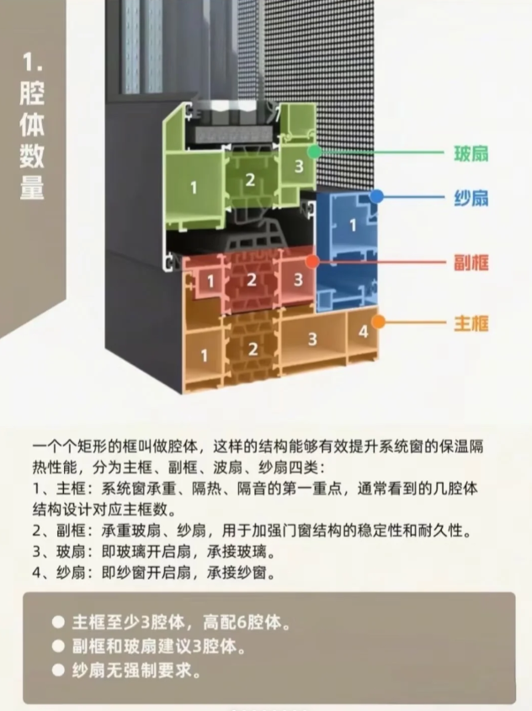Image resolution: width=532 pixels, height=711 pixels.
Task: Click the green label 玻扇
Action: (471, 153)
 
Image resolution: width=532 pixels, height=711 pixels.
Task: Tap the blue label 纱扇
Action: (471, 198)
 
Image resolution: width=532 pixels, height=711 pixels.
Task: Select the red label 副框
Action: (471, 263)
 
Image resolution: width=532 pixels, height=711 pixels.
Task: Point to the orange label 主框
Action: (471, 323)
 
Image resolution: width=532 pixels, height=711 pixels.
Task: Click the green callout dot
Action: (314, 152)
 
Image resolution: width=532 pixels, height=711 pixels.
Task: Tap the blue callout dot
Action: (376, 196)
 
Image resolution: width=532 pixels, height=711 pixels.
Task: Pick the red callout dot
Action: (312, 261)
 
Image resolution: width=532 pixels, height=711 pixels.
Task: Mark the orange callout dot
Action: (378, 322)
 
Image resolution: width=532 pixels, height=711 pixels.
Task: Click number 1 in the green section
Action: (194, 187)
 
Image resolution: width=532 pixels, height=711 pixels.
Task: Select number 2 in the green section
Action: (250, 179)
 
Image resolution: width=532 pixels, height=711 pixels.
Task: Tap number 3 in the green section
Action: (299, 166)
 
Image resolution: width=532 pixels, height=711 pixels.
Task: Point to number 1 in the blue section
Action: (353, 225)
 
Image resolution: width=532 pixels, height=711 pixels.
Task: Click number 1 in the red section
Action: (210, 281)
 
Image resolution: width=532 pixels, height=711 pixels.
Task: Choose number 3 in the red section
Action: (298, 280)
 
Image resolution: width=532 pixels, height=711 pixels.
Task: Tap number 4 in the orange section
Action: (364, 331)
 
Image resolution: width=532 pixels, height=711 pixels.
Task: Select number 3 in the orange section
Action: (312, 339)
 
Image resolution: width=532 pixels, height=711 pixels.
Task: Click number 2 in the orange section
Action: (253, 349)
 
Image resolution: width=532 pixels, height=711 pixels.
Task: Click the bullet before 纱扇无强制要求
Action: (58, 670)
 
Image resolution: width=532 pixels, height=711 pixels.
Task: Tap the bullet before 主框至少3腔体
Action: (58, 622)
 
